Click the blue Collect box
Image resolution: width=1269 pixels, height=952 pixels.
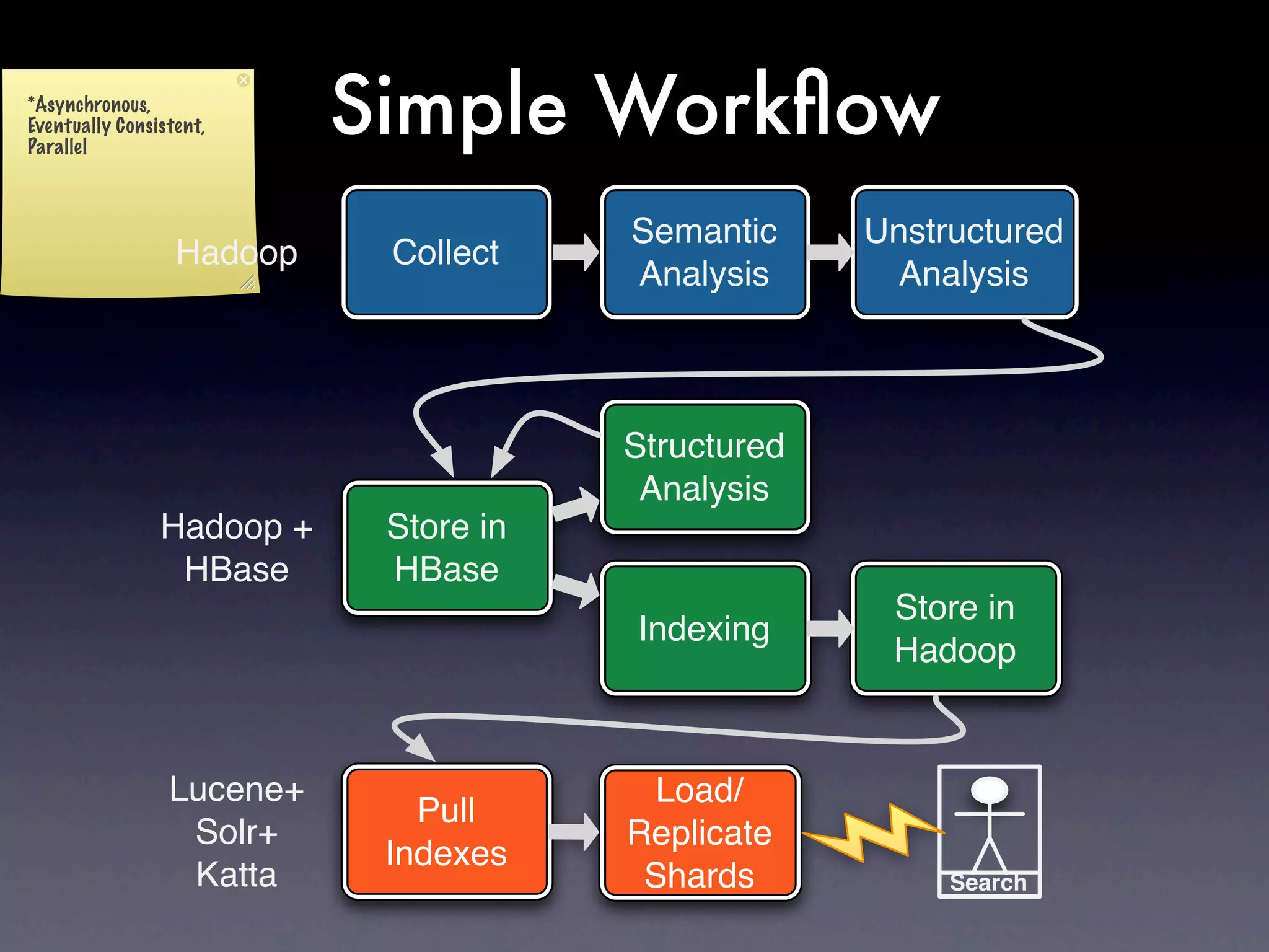click(x=446, y=252)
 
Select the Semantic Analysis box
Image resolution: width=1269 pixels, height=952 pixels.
click(x=705, y=252)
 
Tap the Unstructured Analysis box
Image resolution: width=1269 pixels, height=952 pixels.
click(x=964, y=252)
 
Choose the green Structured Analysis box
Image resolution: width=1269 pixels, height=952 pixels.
click(x=705, y=467)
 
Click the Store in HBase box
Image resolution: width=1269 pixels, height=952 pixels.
click(x=446, y=548)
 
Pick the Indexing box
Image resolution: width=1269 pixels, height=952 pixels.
click(x=705, y=628)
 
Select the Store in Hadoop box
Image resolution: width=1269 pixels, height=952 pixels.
click(x=955, y=628)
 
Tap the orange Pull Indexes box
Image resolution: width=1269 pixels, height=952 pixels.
click(x=446, y=831)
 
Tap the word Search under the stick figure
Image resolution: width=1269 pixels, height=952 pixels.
click(x=989, y=883)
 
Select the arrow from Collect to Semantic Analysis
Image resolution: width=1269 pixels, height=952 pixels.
click(x=576, y=252)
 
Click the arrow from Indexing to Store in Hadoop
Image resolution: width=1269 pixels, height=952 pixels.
click(x=831, y=628)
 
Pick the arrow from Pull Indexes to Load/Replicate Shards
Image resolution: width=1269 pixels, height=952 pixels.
click(x=574, y=832)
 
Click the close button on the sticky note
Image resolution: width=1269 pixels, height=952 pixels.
click(x=244, y=80)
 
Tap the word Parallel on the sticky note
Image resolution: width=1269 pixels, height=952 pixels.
click(x=57, y=147)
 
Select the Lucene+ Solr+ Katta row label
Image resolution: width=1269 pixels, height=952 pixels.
click(x=237, y=832)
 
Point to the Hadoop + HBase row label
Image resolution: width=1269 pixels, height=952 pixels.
click(x=237, y=548)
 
